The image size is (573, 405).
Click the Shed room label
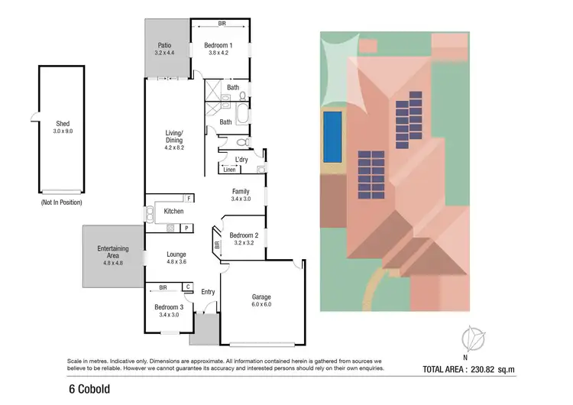pyautogui.click(x=63, y=122)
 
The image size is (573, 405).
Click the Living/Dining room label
pyautogui.click(x=175, y=137)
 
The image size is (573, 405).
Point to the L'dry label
pyautogui.click(x=242, y=159)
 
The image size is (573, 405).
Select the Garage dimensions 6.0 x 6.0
pyautogui.click(x=262, y=305)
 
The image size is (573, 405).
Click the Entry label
pyautogui.click(x=208, y=292)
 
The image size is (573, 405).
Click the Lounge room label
pyautogui.click(x=176, y=254)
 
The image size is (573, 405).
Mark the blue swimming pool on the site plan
pyautogui.click(x=332, y=137)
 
